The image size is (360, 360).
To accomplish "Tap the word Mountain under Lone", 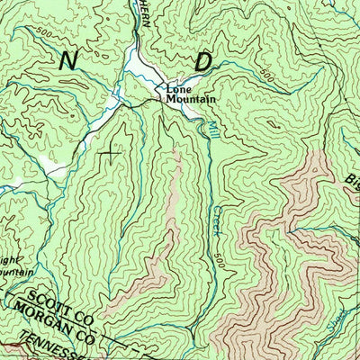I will pyautogui.click(x=190, y=99).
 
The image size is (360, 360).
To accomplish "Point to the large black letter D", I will pyautogui.click(x=203, y=61).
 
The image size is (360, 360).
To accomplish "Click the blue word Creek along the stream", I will pyautogui.click(x=218, y=221).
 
